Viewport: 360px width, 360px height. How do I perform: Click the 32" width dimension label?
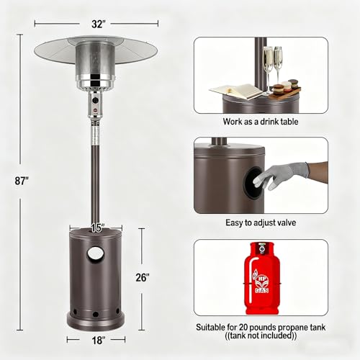(99, 24)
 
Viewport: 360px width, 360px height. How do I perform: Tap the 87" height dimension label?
(22, 181)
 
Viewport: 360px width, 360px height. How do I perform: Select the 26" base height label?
(143, 277)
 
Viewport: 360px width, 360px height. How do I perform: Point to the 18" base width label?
(99, 341)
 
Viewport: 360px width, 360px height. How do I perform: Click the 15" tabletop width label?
(96, 228)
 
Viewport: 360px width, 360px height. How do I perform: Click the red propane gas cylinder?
(262, 278)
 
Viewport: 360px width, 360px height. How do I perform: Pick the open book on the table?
(236, 91)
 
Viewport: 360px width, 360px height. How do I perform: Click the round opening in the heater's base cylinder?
(94, 253)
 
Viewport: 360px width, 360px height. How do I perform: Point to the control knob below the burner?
(96, 100)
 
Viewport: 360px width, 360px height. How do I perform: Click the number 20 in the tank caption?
(243, 328)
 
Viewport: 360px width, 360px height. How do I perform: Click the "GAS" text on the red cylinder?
(262, 290)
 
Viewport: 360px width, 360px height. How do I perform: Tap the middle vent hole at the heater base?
(96, 314)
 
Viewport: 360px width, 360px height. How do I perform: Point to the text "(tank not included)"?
(261, 336)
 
